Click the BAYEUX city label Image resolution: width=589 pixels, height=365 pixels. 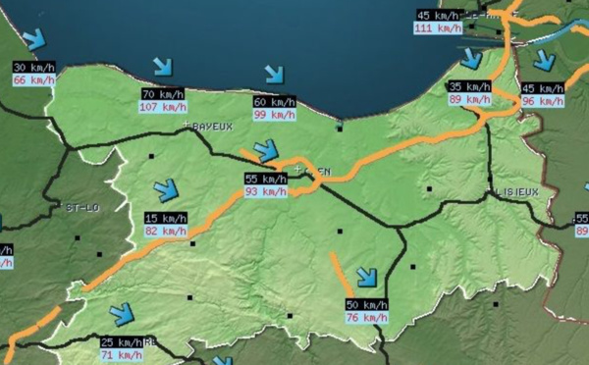[x=211, y=127]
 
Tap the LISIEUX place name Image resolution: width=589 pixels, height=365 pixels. [x=516, y=193]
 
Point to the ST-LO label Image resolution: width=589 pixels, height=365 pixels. [x=82, y=208]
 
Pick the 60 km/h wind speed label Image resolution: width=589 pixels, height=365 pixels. [x=275, y=102]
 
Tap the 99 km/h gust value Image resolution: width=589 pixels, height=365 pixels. [x=275, y=114]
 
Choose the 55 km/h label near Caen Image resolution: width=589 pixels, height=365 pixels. [x=265, y=180]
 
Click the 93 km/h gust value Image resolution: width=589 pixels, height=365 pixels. [x=265, y=191]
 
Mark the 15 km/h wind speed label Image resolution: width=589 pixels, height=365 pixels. [x=164, y=218]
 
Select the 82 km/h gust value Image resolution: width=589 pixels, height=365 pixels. [x=164, y=231]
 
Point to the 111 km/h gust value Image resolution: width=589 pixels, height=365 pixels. [x=438, y=27]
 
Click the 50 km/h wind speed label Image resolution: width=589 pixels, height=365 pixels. [x=366, y=305]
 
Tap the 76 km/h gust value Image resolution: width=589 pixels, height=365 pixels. [x=366, y=317]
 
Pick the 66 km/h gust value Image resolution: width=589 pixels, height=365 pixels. [x=33, y=79]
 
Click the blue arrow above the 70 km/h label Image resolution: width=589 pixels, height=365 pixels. [x=162, y=68]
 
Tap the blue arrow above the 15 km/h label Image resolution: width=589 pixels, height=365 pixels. [x=166, y=189]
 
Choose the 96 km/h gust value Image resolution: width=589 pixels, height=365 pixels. [x=543, y=100]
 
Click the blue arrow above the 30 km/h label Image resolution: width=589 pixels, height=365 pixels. [x=35, y=40]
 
